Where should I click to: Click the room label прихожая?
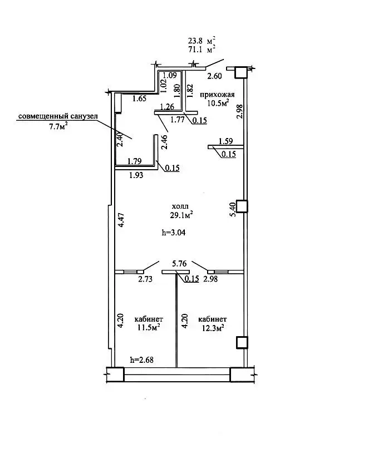217,95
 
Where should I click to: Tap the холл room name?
180,206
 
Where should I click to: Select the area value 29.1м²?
181,215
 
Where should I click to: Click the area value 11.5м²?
149,328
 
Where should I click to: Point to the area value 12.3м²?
213,328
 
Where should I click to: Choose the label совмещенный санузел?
58,116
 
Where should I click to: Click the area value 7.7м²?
58,126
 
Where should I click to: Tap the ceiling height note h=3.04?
174,232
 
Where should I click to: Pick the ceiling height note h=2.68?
142,360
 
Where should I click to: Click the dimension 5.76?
179,263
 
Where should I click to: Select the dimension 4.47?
121,220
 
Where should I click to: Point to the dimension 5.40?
233,209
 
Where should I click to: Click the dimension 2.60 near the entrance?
215,76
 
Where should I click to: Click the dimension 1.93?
136,175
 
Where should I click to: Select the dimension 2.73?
145,279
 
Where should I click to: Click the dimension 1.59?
225,141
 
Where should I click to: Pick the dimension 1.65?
140,99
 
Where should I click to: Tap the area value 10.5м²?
218,103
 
